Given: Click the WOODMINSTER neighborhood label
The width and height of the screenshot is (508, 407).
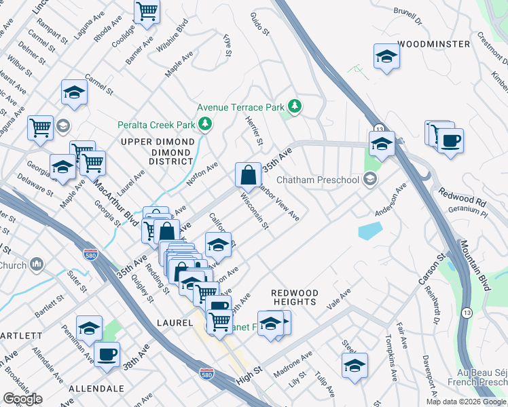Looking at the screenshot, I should coord(434,44).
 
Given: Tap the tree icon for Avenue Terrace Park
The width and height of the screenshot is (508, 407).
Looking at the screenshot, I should coord(295,106).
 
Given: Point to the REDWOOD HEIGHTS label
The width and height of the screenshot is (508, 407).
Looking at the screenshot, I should coord(294,296).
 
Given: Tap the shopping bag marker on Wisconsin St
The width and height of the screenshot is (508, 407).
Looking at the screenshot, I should coord(249,174).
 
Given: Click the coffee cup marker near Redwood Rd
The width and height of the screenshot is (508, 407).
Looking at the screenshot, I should coord(450,141).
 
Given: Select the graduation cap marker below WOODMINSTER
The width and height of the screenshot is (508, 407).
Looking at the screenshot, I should coord(386,56).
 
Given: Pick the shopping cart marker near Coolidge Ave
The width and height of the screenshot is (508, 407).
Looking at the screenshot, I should coord(147,12).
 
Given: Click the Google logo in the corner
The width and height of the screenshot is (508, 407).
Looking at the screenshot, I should coord(23,399).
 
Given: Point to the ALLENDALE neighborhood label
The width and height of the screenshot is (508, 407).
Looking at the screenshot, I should coord(96,389).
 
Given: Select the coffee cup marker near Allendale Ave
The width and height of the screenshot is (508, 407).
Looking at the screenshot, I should coord(107,354).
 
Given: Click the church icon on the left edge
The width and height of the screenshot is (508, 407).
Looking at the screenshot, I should coord(37,264).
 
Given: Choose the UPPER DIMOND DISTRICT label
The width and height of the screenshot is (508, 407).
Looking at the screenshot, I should coord(157,151).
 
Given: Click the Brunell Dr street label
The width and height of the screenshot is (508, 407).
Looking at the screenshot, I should coord(407,16).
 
